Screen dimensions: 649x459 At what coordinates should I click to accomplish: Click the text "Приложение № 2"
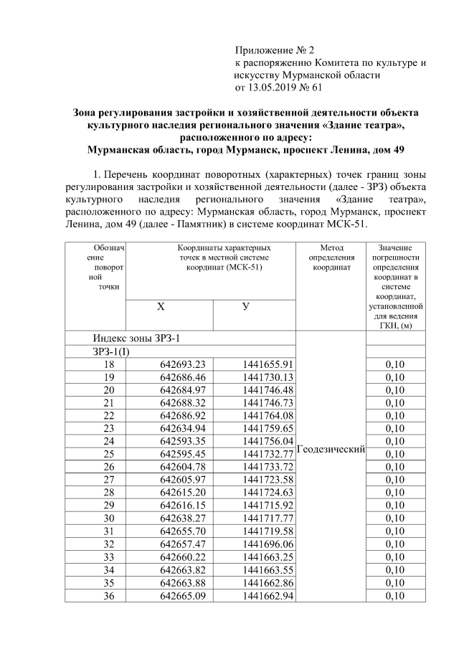[x=275, y=50]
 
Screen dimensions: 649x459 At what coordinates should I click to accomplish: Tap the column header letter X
[x=161, y=306]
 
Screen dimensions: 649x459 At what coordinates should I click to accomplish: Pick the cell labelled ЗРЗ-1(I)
[x=112, y=351]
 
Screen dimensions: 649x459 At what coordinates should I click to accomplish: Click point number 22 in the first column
[x=109, y=415]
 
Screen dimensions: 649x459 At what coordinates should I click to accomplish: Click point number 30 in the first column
[x=109, y=517]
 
